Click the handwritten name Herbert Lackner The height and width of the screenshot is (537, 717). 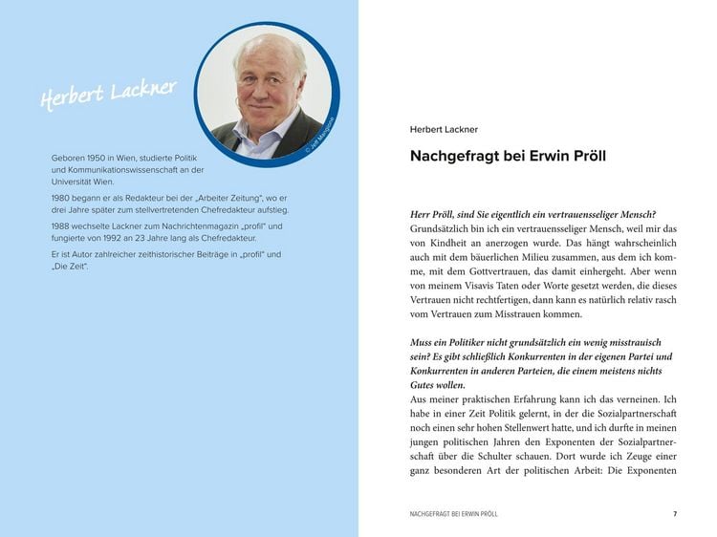click(108, 94)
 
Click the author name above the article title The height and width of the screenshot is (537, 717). click(444, 129)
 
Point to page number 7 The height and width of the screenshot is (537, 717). click(675, 514)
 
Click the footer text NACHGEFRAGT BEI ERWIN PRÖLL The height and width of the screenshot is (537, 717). click(453, 514)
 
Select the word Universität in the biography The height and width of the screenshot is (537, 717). click(73, 181)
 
